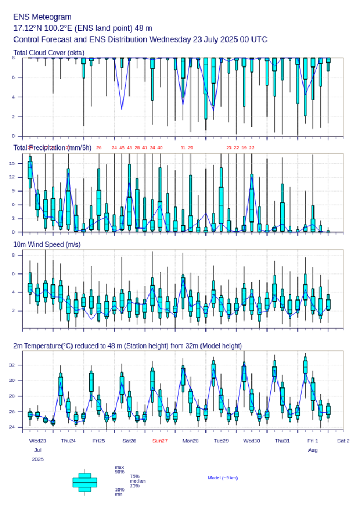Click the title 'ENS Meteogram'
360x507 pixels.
point(43,17)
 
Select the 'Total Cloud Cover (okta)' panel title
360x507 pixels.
point(49,53)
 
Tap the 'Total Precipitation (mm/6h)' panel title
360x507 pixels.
point(53,147)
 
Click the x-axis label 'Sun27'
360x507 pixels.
point(160,441)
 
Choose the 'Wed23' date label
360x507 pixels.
point(38,441)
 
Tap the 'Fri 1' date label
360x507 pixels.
point(313,441)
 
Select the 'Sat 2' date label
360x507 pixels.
point(343,441)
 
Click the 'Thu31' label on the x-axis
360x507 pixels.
point(282,441)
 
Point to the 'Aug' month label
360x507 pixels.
point(313,450)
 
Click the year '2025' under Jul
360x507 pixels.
point(38,459)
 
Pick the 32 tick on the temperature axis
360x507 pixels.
point(18,365)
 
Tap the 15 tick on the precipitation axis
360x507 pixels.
point(18,163)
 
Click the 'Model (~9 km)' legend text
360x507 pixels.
point(223,478)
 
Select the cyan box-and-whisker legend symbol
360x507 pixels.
point(85,482)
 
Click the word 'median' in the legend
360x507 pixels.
point(137,481)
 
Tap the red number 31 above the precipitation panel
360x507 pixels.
point(183,148)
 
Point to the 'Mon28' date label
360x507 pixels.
point(191,441)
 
